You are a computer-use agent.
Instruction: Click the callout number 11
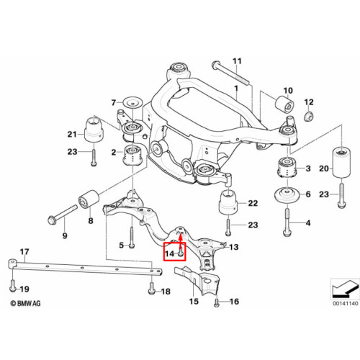pos(237,61)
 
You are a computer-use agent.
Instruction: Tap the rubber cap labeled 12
pos(309,116)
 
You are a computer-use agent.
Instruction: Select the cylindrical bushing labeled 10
pos(284,104)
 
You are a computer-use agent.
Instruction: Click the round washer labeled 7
pos(133,103)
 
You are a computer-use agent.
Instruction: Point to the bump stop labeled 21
pos(94,129)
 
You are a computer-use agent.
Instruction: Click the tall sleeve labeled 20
pos(341,163)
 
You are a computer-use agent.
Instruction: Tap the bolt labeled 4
pos(287,222)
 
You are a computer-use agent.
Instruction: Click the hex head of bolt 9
pos(52,220)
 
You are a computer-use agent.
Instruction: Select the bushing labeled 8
pos(89,199)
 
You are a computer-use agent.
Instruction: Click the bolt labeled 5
pos(132,238)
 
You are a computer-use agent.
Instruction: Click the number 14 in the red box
pos(169,253)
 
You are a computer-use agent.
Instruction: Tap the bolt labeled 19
pos(13,286)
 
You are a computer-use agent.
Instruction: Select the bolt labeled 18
pos(151,288)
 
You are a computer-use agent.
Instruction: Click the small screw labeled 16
pos(217,302)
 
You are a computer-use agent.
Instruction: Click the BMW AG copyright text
pos(25,303)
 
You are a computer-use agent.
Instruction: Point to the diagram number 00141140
pos(346,303)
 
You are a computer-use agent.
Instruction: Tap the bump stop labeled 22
pos(228,202)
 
